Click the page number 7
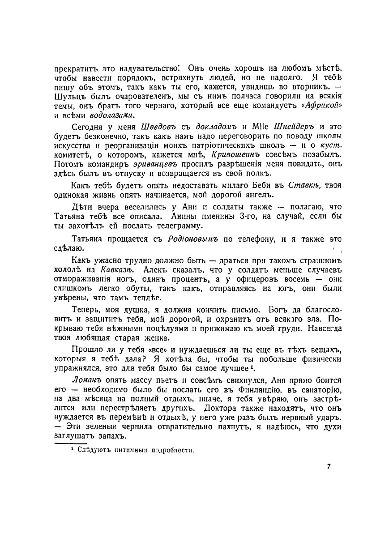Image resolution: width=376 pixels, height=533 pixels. pyautogui.click(x=329, y=467)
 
